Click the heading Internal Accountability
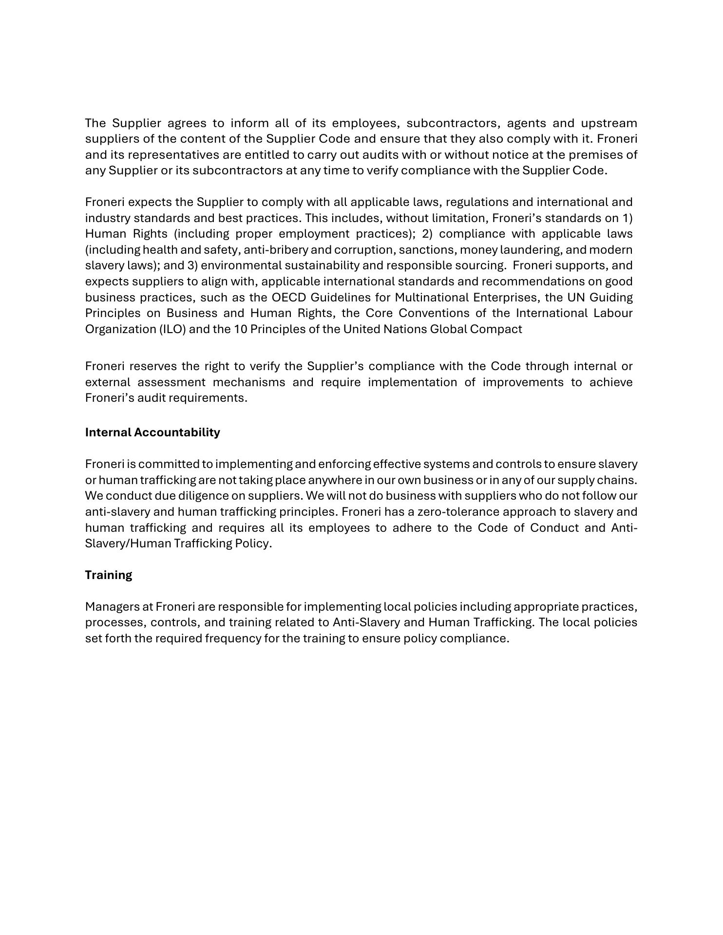(152, 432)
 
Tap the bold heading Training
(109, 575)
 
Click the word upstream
(609, 123)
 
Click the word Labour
(613, 313)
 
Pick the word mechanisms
(249, 382)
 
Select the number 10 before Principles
(241, 329)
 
